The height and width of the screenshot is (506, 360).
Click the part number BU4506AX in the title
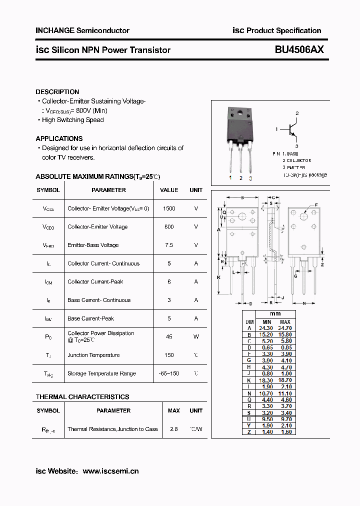299,49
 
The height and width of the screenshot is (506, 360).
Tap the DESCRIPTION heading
57,92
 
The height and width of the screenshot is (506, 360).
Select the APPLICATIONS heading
59,138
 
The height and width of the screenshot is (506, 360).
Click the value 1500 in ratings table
169,208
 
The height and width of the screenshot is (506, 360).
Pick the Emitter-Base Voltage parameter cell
93,245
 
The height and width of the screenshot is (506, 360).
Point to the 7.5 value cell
169,245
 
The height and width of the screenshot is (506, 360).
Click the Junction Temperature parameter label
93,355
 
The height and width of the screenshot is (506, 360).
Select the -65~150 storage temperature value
169,373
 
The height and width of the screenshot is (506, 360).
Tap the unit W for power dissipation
196,336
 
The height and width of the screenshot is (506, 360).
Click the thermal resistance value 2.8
174,429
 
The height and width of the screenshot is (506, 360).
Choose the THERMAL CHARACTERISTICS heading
82,397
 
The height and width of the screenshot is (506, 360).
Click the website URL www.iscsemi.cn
110,471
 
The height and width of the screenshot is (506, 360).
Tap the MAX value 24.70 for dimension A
285,328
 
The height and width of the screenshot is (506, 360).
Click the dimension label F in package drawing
316,205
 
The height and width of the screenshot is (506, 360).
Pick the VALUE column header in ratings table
169,190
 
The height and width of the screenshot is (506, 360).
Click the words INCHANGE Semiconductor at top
82,30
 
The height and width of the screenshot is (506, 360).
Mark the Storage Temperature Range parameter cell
101,373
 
